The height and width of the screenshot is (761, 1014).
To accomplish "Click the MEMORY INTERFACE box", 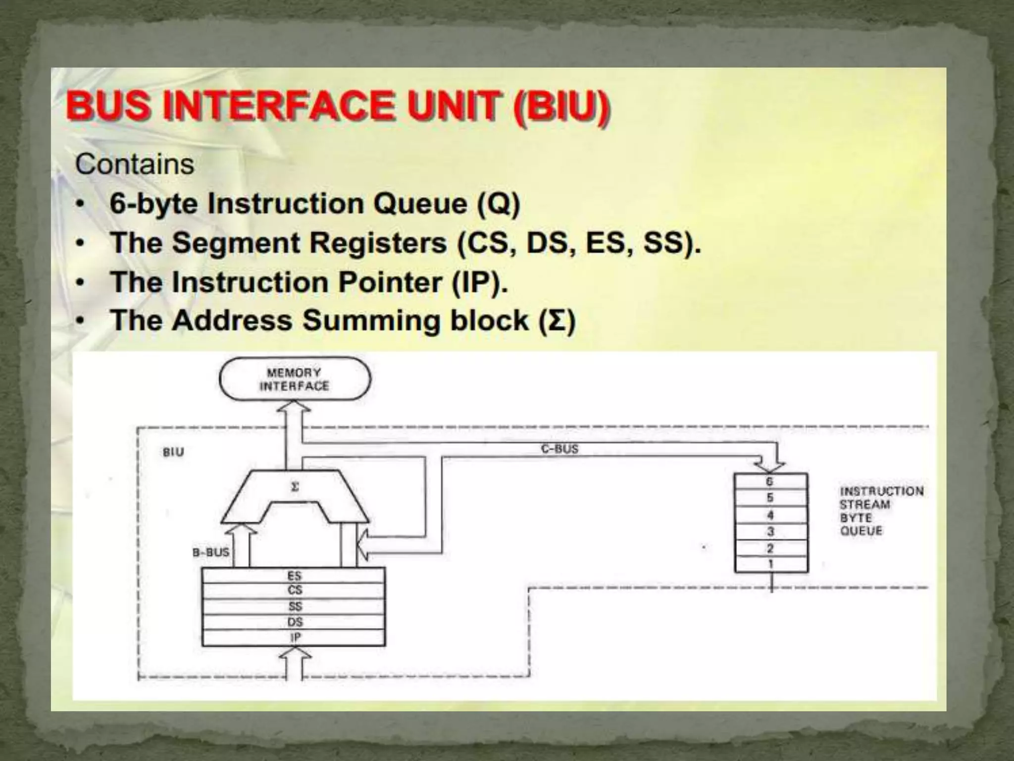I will [x=295, y=379].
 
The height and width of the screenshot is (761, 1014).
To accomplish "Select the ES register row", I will [x=294, y=576].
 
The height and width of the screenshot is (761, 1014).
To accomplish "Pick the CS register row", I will [x=294, y=590].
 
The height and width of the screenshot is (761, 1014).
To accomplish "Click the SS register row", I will [x=294, y=606].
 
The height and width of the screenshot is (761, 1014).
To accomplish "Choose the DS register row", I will [x=294, y=622].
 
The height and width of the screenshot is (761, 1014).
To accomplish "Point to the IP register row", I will [x=294, y=637].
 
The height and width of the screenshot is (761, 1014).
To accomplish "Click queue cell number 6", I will [x=770, y=482].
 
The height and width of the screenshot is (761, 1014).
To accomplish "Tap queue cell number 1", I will [x=770, y=564].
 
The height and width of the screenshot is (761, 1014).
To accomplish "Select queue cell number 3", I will [x=770, y=532].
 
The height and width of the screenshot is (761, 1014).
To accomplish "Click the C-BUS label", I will [x=559, y=449].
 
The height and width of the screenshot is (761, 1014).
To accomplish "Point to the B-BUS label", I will [x=211, y=552].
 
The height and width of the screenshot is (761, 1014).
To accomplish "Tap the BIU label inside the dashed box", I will [x=173, y=452].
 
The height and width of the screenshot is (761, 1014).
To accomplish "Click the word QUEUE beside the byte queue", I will [x=861, y=531].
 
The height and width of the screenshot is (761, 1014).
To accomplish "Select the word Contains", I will [x=135, y=164].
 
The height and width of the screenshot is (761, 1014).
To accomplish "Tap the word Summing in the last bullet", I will [x=371, y=321].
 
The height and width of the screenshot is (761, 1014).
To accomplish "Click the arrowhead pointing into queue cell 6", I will [x=769, y=467].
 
